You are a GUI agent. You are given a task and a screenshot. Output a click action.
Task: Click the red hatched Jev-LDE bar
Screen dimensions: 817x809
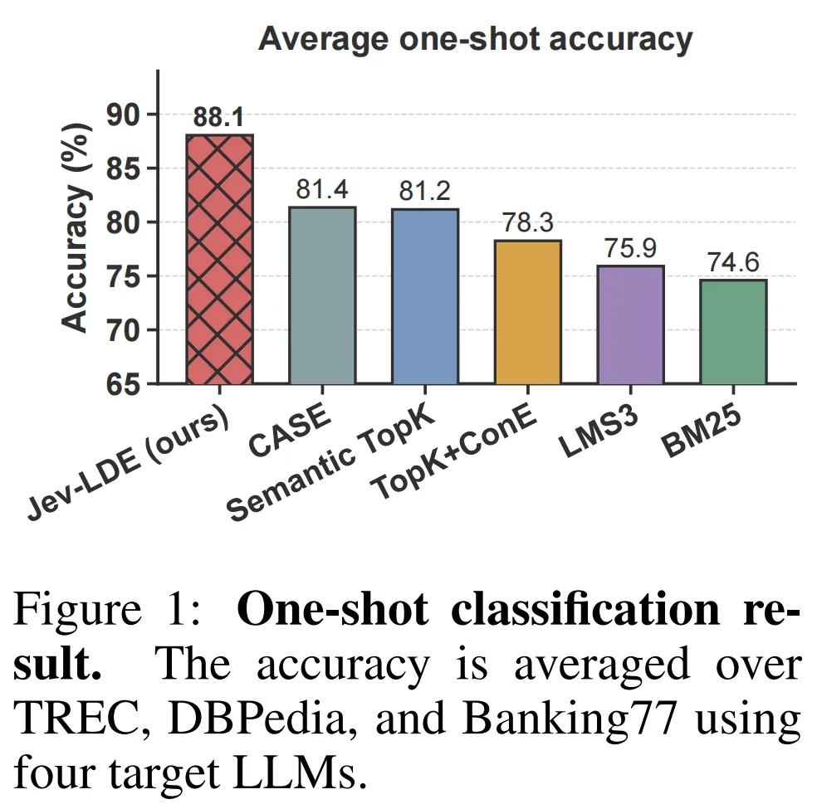(x=219, y=259)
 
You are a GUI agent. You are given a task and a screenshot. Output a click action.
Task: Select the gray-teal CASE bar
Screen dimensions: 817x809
(x=322, y=295)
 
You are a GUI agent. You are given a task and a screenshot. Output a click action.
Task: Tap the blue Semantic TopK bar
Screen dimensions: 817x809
(x=425, y=296)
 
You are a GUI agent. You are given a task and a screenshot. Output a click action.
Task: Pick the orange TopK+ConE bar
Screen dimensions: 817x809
(x=528, y=312)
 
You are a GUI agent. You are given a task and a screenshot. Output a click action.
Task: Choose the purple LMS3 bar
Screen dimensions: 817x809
(x=630, y=325)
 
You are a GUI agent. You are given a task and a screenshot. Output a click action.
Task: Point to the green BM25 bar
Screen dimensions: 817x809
(x=733, y=332)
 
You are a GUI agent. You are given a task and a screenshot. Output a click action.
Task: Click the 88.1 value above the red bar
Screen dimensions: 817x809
(x=219, y=117)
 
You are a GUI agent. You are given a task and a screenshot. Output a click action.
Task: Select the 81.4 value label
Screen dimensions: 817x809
(x=322, y=189)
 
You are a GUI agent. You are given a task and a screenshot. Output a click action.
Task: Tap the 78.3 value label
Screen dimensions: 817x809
(x=528, y=223)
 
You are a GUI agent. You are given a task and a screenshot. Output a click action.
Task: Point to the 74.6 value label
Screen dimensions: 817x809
(x=733, y=262)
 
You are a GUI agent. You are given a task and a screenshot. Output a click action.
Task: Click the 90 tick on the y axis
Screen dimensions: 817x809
(x=124, y=115)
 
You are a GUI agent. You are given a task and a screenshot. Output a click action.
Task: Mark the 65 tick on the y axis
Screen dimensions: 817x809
(x=124, y=385)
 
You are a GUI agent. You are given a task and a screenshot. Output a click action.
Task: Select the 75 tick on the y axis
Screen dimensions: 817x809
(x=124, y=276)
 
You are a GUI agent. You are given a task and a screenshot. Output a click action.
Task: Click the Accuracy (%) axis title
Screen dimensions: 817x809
(x=76, y=227)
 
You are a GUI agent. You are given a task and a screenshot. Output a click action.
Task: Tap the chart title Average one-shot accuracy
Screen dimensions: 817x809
(x=475, y=40)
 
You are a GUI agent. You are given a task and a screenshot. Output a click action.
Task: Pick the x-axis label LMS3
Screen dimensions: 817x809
(x=599, y=431)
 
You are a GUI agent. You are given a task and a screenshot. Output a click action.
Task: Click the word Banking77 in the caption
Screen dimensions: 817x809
(x=570, y=719)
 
